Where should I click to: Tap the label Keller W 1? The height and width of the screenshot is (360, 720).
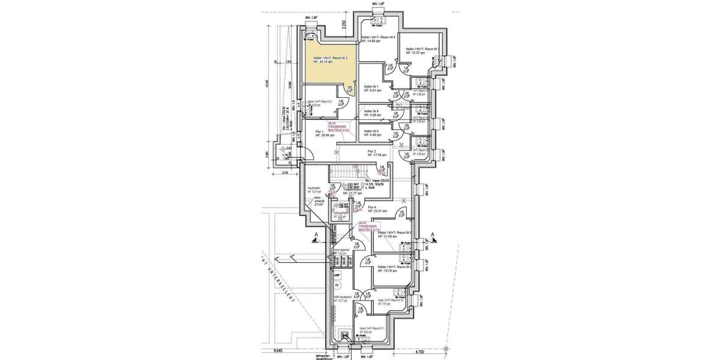coord(373,87)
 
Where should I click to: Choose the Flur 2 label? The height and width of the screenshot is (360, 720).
coord(371,152)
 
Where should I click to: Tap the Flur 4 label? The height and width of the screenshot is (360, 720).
coord(375,208)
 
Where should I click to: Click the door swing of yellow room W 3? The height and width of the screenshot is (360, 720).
coord(349,89)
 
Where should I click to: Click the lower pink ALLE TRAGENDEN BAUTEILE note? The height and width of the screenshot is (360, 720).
coord(368,225)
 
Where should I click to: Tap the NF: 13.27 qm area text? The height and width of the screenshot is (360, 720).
coord(415,53)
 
